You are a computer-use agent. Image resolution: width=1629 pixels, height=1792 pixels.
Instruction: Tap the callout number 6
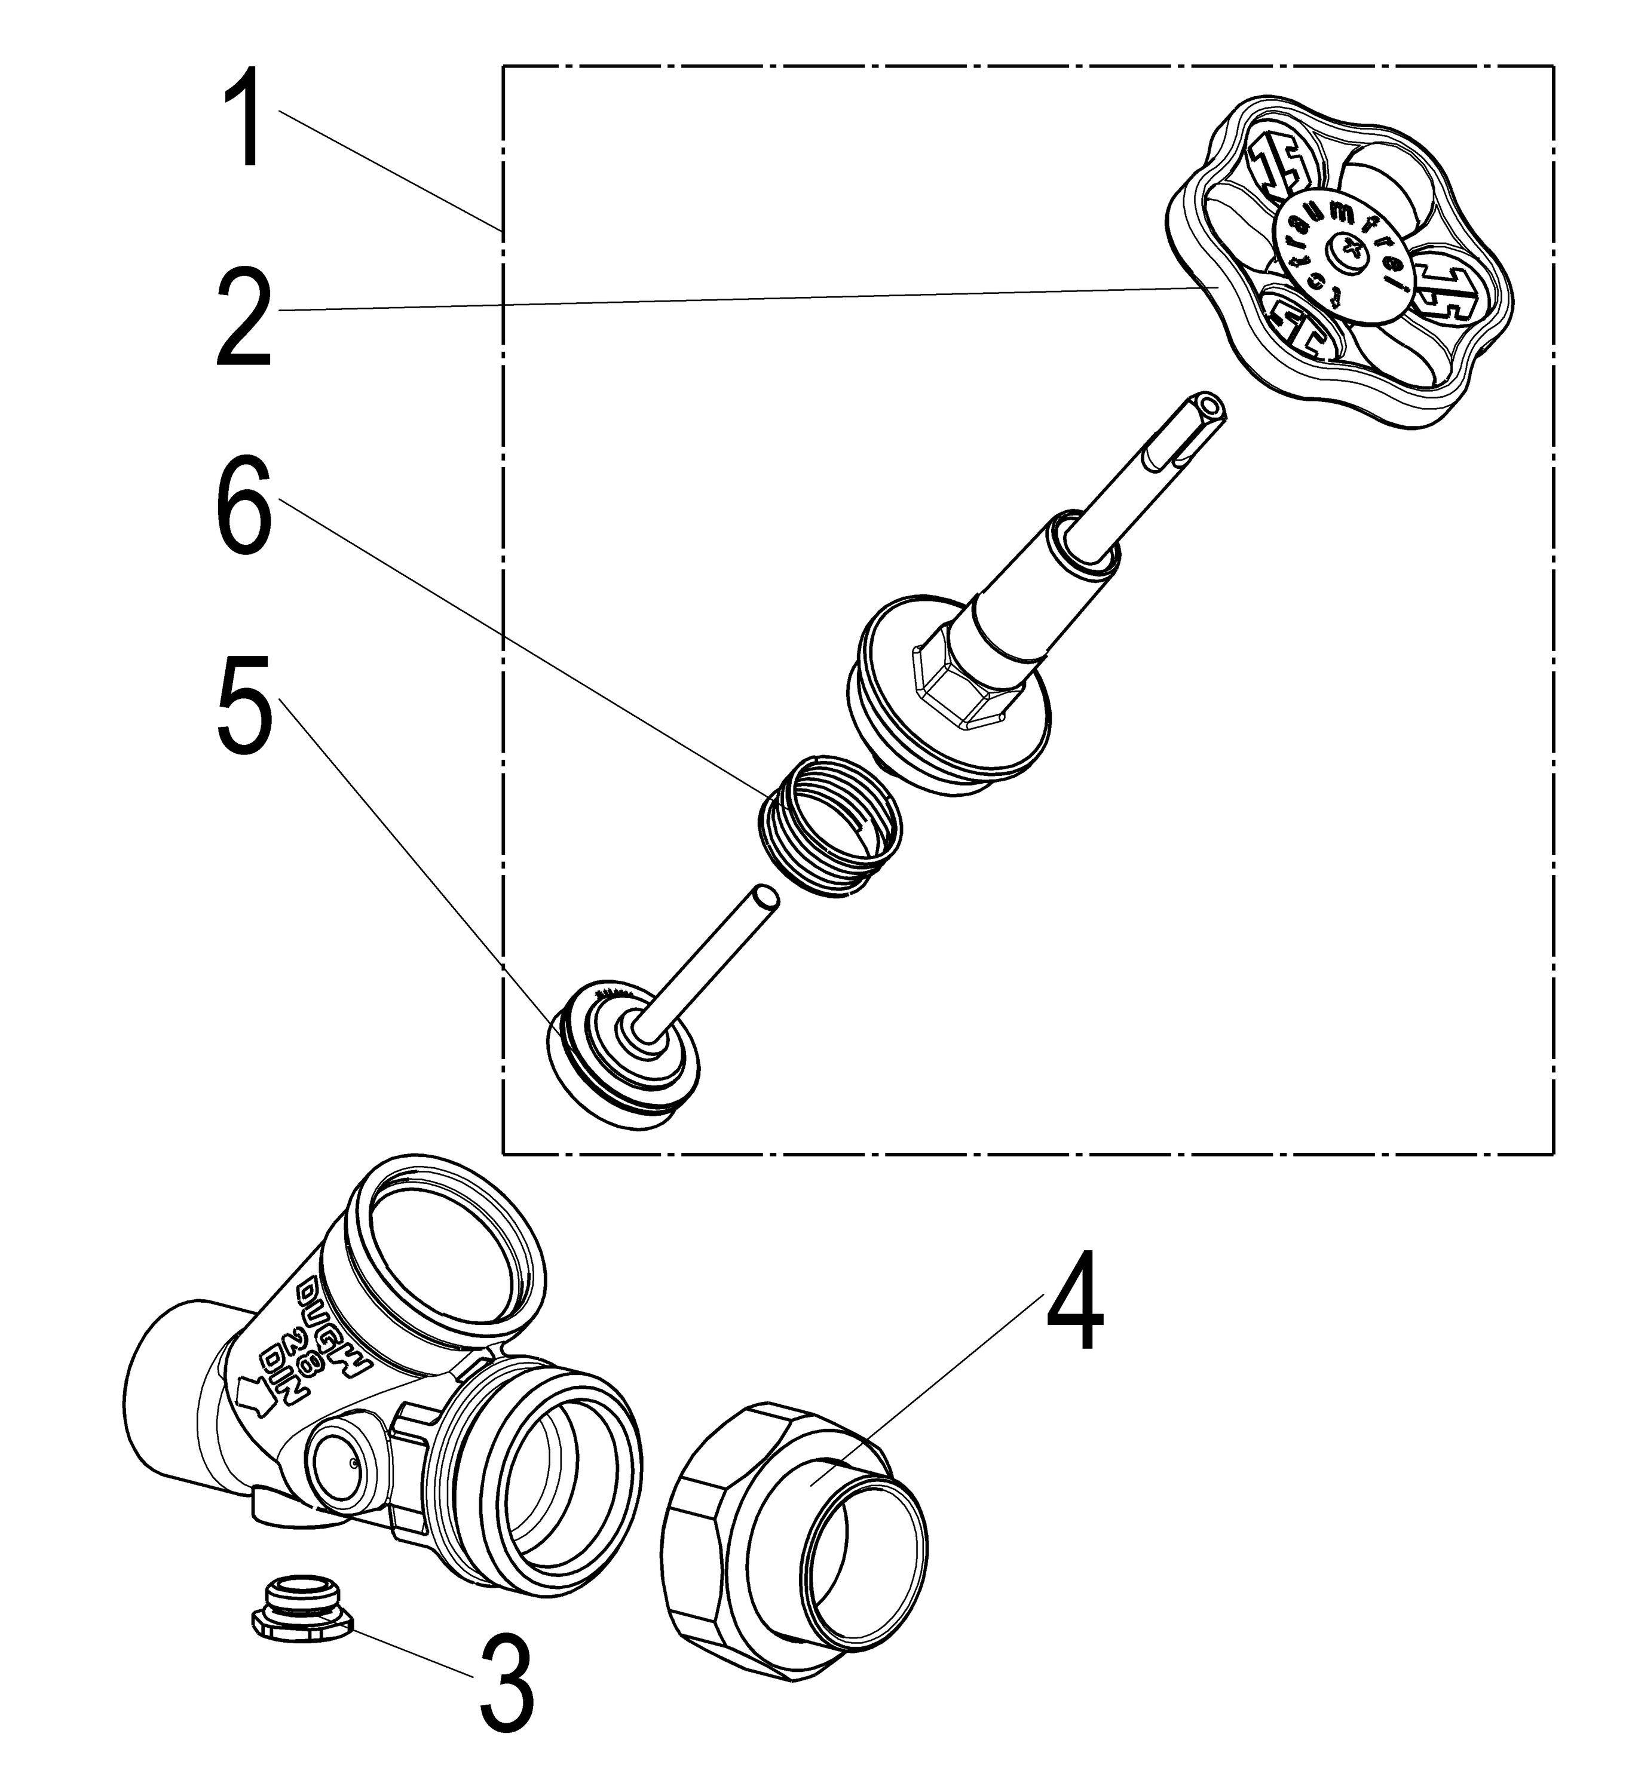pos(242,507)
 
